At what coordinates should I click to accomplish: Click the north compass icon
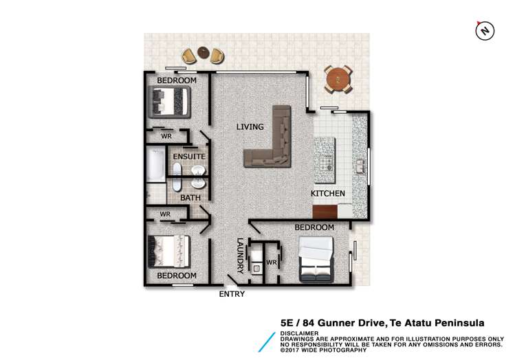[485, 30]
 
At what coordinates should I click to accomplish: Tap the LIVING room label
[250, 126]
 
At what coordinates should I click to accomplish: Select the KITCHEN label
[328, 194]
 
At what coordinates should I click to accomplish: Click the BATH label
[189, 198]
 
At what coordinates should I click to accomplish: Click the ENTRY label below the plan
[231, 294]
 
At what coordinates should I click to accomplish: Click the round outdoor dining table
[339, 80]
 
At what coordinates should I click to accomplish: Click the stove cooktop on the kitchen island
[326, 165]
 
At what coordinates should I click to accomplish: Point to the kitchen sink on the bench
[358, 166]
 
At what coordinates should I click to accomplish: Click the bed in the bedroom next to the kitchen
[316, 259]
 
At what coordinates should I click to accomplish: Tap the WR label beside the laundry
[271, 262]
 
